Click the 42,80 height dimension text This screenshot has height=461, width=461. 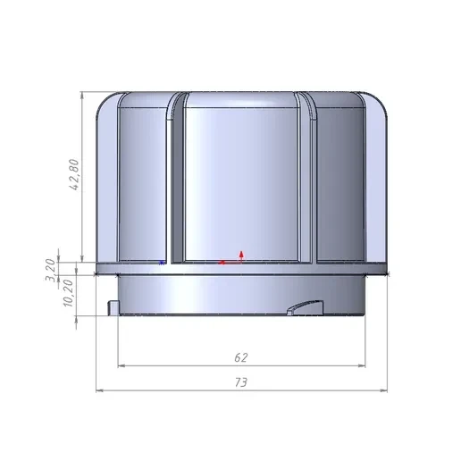[x=74, y=174]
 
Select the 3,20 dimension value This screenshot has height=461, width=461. [x=50, y=270]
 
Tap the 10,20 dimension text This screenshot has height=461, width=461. [x=68, y=293]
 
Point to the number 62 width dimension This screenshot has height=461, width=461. [x=240, y=357]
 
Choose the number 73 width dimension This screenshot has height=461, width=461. [x=240, y=382]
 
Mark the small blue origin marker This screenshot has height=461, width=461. [x=162, y=263]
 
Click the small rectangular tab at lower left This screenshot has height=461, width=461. [x=113, y=307]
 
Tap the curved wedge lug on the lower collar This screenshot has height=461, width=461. [x=306, y=307]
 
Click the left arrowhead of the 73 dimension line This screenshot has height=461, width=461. [x=99, y=390]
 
